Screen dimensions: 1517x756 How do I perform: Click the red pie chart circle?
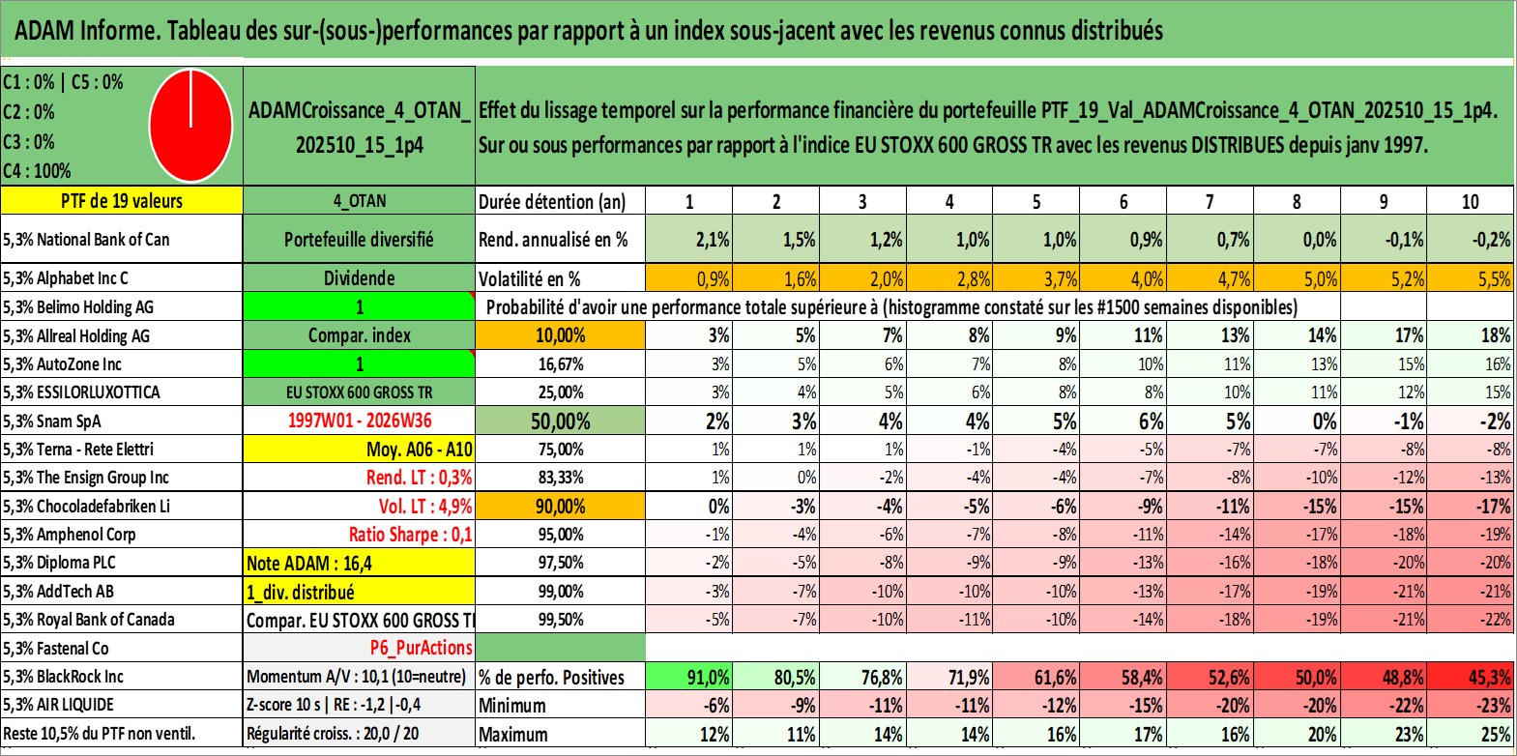point(191,126)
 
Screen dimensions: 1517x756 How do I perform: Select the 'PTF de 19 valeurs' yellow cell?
point(122,200)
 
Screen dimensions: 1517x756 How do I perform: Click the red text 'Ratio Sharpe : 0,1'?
point(410,535)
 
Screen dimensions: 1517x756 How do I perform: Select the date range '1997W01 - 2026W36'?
point(360,421)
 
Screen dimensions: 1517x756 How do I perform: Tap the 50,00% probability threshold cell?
point(560,421)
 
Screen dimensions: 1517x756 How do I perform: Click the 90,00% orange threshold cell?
point(560,506)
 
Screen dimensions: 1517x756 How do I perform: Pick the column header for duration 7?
point(1210,201)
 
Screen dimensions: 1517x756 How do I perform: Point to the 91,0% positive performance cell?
point(709,677)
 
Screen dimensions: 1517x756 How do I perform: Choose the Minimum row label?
point(512,706)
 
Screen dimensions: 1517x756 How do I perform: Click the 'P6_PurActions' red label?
point(422,648)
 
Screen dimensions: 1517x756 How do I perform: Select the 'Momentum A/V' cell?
point(356,677)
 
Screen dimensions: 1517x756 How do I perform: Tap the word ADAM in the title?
point(44,31)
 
